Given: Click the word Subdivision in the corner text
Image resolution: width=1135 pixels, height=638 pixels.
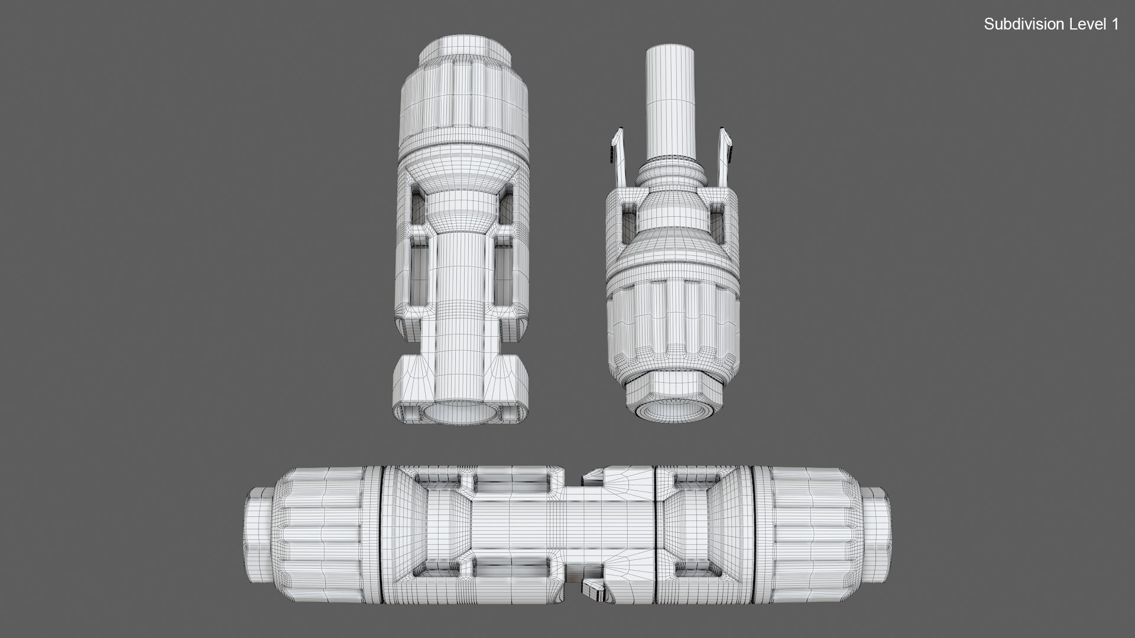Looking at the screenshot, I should (x=1016, y=24).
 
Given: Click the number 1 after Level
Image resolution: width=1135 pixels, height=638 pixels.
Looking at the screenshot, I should (x=1115, y=24).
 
